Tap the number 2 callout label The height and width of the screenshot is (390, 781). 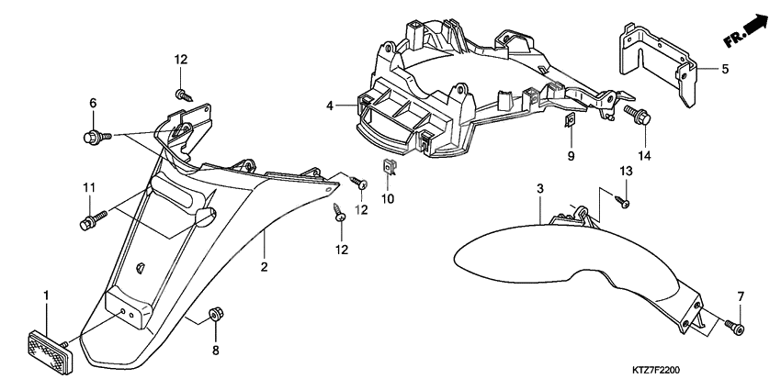tap(265, 267)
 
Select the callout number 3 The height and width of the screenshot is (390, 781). tap(540, 189)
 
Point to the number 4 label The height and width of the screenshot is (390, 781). tap(329, 106)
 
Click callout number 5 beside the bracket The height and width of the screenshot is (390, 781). tap(725, 69)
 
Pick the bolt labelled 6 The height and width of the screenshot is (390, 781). tap(97, 136)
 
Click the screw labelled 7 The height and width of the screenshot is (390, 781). tap(736, 327)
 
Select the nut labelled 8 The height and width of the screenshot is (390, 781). tap(216, 314)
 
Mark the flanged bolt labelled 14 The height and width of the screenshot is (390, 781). tap(638, 115)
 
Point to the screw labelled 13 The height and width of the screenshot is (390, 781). tap(624, 201)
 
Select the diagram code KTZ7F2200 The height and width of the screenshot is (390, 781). tap(656, 371)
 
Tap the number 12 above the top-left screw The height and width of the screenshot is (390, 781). tap(181, 60)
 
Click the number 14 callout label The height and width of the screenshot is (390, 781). tap(644, 157)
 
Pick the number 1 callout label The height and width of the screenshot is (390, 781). tap(46, 296)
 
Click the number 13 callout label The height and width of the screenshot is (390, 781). tap(626, 172)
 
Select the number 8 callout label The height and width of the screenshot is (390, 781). tap(216, 351)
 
